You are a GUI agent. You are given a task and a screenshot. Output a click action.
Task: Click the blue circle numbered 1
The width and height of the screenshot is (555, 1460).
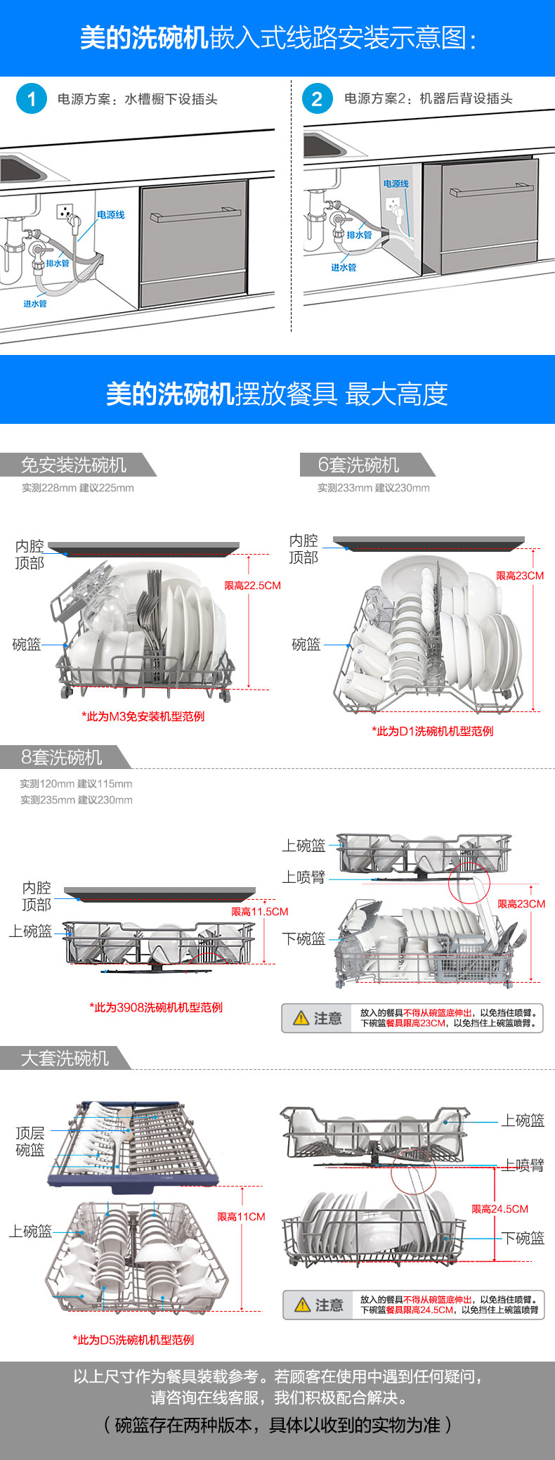pyautogui.click(x=32, y=99)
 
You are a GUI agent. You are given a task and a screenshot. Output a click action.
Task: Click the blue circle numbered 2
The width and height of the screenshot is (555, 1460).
pyautogui.click(x=318, y=99)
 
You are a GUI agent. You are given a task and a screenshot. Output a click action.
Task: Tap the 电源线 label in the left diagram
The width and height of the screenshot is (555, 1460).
pyautogui.click(x=111, y=215)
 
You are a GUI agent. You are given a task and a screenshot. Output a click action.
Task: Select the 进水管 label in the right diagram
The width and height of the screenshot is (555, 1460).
pyautogui.click(x=344, y=268)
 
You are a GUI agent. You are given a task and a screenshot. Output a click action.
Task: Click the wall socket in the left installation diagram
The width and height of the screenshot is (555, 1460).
pyautogui.click(x=65, y=211)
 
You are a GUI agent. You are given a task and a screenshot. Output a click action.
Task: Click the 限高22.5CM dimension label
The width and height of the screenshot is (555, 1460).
pyautogui.click(x=252, y=586)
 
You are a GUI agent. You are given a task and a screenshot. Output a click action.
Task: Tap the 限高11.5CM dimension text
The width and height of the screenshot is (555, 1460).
pyautogui.click(x=260, y=912)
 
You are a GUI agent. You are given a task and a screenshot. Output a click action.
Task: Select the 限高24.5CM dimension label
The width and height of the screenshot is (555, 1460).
pyautogui.click(x=500, y=1209)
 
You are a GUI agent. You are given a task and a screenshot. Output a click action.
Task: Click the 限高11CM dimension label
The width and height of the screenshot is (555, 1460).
pyautogui.click(x=241, y=1217)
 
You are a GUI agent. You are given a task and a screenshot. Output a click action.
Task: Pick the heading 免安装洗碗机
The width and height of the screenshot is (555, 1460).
pyautogui.click(x=74, y=465)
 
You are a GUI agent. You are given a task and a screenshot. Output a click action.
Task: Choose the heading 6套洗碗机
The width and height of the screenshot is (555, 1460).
pyautogui.click(x=358, y=465)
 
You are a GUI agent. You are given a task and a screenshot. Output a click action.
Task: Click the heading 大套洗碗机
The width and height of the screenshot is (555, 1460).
pyautogui.click(x=65, y=1059)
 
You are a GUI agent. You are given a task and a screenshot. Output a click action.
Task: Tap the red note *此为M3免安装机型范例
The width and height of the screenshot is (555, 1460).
pyautogui.click(x=143, y=716)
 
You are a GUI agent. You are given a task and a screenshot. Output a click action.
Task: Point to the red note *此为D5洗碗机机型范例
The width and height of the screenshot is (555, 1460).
pyautogui.click(x=133, y=1340)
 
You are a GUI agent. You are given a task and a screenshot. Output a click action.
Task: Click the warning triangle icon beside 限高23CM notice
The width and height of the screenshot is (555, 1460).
pyautogui.click(x=301, y=1018)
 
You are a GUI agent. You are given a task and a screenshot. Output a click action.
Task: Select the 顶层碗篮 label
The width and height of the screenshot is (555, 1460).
pyautogui.click(x=30, y=1142)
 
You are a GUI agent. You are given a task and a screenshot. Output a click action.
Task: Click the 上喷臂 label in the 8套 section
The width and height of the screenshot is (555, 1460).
pyautogui.click(x=303, y=877)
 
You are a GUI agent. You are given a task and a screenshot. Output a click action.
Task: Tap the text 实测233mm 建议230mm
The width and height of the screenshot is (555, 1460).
pyautogui.click(x=374, y=488)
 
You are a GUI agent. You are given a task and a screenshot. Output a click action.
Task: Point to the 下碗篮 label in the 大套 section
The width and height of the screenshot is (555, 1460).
pyautogui.click(x=523, y=1239)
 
